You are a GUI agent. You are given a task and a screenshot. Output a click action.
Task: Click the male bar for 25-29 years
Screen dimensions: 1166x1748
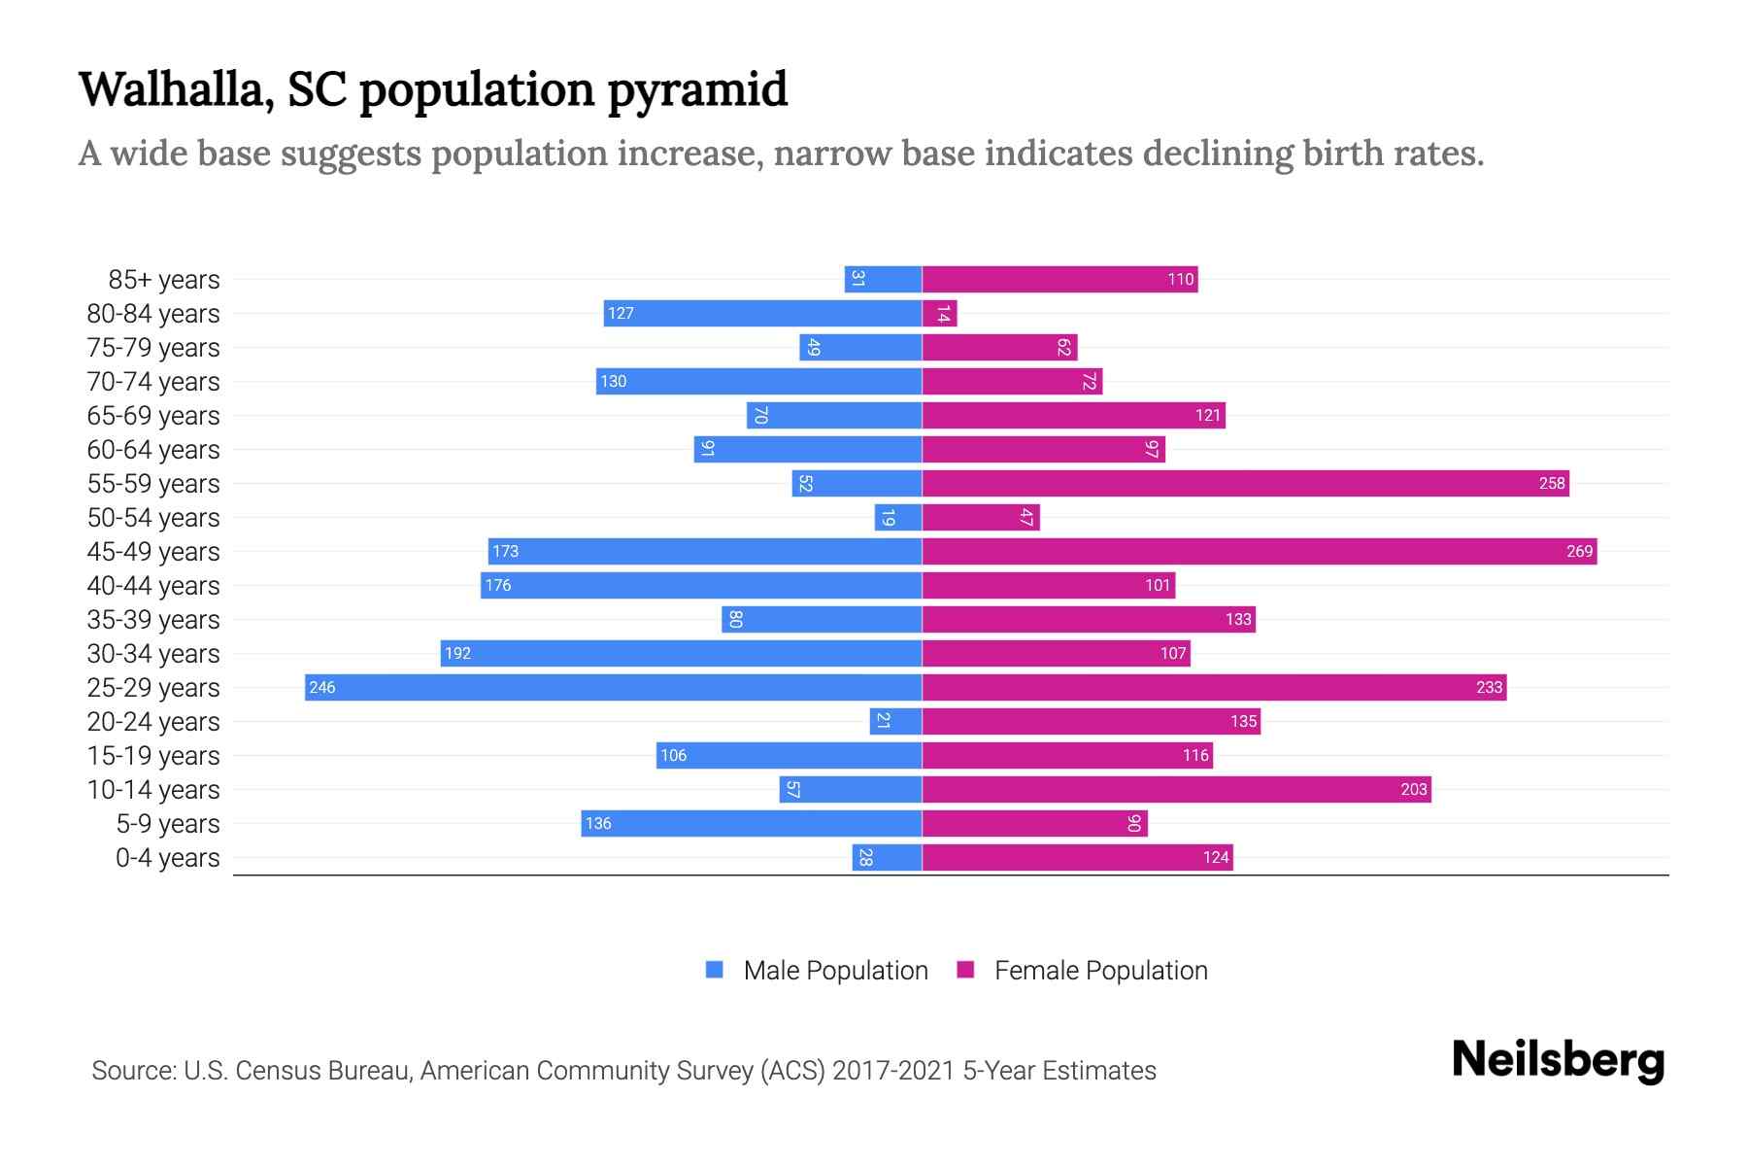613,687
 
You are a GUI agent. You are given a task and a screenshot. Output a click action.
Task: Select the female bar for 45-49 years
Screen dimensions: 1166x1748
1259,551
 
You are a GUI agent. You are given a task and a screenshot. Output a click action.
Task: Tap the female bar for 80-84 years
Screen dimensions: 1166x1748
939,313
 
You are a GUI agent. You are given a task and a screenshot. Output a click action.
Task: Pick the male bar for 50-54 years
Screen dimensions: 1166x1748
898,517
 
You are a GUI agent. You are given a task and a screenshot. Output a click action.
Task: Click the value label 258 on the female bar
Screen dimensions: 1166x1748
1552,483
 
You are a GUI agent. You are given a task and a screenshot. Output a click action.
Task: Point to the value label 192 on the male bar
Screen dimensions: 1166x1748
457,653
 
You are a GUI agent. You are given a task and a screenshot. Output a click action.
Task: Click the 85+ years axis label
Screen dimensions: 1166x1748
163,280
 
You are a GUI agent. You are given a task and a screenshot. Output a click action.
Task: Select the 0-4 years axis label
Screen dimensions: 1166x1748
167,858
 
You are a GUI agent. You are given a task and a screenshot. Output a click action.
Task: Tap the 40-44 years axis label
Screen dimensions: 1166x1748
153,586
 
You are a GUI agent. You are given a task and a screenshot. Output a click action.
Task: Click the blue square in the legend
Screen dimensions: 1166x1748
715,970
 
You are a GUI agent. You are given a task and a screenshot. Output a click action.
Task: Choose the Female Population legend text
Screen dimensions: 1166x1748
1100,971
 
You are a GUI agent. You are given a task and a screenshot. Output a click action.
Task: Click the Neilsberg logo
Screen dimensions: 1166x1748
1558,1060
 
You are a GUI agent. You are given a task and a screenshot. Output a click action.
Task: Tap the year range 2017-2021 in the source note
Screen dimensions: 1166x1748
893,1071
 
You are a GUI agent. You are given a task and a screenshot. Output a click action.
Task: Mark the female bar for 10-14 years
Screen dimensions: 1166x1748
1176,789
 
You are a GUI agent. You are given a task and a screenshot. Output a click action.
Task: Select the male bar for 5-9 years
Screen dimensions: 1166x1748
751,823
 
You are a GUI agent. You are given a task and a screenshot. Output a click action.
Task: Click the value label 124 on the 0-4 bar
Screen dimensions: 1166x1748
1216,857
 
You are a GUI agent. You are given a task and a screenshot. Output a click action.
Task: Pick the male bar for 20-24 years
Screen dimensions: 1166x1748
895,721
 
